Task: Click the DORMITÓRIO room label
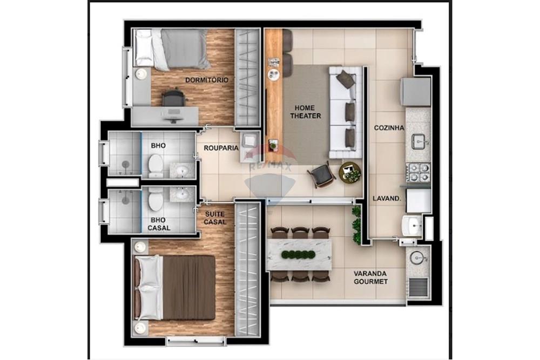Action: click(x=206, y=80)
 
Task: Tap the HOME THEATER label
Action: click(x=306, y=112)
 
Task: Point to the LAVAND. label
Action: click(x=387, y=198)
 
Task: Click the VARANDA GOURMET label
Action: click(x=370, y=277)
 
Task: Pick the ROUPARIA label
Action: click(x=221, y=147)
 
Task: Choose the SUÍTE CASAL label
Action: click(x=215, y=218)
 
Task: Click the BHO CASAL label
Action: click(x=159, y=223)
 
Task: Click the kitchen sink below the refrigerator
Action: click(x=419, y=141)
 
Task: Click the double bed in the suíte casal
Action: click(x=176, y=287)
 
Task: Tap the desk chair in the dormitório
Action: click(x=173, y=99)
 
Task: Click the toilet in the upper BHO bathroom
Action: click(x=156, y=165)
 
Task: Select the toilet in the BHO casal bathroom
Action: click(x=156, y=199)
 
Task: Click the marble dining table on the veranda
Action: click(x=299, y=254)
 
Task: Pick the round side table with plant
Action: click(x=350, y=172)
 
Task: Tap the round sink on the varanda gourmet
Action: click(x=417, y=257)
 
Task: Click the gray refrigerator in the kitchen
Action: click(x=416, y=91)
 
